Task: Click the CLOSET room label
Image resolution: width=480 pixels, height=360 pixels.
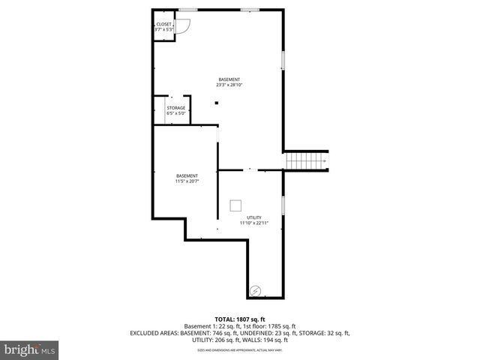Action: [x=163, y=25]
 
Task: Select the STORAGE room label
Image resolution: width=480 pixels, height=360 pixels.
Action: [x=175, y=108]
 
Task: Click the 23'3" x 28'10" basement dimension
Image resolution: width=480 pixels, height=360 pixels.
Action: [x=229, y=85]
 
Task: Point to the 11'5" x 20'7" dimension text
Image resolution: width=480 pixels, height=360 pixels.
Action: [x=187, y=181]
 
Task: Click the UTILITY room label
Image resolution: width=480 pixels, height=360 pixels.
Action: [x=254, y=217]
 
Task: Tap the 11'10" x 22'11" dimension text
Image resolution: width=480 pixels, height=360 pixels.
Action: [x=254, y=223]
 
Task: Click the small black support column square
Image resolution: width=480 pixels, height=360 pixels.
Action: [x=217, y=103]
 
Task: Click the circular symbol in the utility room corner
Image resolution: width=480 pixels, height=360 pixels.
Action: [x=256, y=289]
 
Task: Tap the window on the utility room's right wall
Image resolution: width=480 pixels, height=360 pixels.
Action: [x=283, y=206]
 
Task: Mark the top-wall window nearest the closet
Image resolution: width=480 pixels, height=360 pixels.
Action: [x=187, y=10]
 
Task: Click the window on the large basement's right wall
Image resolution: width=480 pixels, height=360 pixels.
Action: [x=283, y=62]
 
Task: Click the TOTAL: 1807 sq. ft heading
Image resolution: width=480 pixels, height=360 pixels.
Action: [x=240, y=319]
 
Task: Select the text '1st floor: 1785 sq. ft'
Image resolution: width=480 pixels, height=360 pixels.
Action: [x=268, y=326]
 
